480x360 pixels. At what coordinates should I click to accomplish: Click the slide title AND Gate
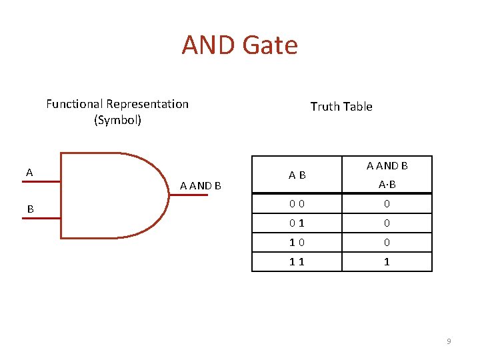[x=239, y=45]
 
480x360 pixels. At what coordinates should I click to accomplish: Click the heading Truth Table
[x=341, y=107]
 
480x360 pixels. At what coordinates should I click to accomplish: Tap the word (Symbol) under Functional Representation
[x=117, y=121]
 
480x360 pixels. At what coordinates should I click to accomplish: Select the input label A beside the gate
[x=29, y=173]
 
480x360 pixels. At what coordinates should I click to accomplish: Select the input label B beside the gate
[x=30, y=209]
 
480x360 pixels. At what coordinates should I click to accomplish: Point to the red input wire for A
[x=41, y=181]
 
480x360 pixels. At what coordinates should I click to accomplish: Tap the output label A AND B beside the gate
[x=201, y=186]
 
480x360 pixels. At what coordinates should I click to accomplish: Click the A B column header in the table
[x=297, y=175]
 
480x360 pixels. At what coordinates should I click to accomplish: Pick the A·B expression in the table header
[x=387, y=185]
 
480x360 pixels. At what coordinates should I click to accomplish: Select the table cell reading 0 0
[x=297, y=204]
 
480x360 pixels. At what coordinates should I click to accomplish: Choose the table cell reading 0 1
[x=297, y=223]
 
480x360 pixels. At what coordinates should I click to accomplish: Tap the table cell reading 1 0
[x=297, y=243]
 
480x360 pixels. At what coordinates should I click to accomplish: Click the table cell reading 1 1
[x=297, y=262]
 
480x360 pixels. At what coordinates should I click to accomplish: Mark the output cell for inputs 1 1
[x=387, y=262]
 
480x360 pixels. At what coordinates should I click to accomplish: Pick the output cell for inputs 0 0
[x=387, y=204]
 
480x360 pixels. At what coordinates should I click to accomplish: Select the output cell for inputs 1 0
[x=387, y=243]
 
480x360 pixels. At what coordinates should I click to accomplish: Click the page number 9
[x=449, y=341]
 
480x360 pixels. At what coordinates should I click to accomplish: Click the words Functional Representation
[x=117, y=104]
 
